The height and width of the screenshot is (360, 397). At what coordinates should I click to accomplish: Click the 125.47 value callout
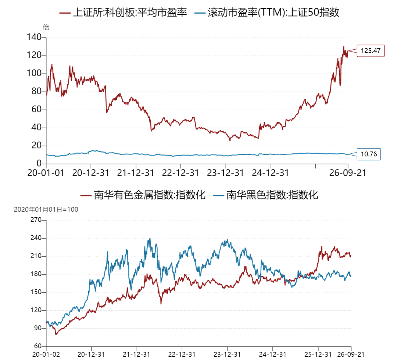point(371,51)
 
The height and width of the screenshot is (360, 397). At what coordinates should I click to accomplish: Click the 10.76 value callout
point(369,154)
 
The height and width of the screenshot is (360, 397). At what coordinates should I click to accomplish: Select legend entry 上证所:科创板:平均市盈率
point(123,12)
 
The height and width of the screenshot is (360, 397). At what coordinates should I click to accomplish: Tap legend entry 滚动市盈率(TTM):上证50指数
point(267,12)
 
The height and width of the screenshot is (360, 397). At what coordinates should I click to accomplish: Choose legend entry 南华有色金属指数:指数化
point(143,195)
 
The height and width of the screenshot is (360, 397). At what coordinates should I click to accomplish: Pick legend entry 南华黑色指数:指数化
point(266,195)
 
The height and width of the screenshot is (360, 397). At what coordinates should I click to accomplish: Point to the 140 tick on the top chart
point(34,37)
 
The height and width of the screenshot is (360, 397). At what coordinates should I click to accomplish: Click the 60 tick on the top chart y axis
point(36,110)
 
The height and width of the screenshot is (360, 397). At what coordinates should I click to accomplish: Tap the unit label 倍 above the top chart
point(46,27)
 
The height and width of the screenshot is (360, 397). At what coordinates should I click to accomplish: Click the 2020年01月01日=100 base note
point(46,210)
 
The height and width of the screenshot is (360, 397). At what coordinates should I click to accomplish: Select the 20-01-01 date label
point(46,173)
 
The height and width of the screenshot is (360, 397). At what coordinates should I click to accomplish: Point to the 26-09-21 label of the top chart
point(348,173)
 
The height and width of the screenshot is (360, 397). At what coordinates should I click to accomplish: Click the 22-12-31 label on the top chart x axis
point(180,173)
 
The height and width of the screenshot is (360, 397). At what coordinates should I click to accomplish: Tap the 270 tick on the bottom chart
point(36,220)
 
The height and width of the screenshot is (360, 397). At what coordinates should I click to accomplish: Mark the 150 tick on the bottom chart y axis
point(36,292)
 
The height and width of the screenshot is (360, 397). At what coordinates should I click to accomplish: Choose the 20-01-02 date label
point(46,354)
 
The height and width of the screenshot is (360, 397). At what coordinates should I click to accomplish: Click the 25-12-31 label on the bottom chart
point(318,354)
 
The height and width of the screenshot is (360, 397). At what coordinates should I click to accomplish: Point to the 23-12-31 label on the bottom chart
point(227,354)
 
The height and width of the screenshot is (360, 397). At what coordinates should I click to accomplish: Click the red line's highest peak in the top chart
point(344,47)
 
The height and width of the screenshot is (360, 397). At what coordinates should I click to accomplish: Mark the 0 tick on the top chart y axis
point(39,163)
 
